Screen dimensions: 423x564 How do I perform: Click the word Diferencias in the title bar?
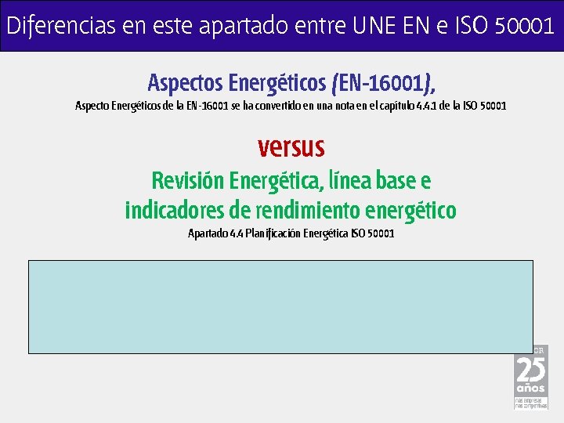pyautogui.click(x=52, y=26)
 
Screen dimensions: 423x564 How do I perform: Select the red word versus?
pyautogui.click(x=291, y=146)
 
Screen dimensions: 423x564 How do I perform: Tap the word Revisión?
pyautogui.click(x=188, y=181)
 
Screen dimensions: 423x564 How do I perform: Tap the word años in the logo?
pyautogui.click(x=530, y=389)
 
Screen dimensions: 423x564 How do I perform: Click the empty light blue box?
pyautogui.click(x=281, y=307)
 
